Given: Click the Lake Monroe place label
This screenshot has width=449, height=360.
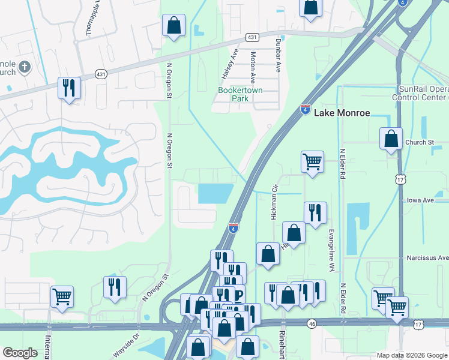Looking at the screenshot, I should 341,113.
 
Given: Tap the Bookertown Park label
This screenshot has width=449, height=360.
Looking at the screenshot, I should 240,94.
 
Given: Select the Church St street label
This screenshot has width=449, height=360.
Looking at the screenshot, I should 419,142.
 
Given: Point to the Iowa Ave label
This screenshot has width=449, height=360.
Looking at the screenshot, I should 420,200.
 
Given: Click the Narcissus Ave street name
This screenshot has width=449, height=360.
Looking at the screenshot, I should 428,258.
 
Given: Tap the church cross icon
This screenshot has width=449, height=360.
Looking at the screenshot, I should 25,67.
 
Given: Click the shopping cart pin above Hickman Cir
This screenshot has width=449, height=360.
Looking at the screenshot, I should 312,161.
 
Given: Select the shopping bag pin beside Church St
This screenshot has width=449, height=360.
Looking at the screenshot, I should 391,139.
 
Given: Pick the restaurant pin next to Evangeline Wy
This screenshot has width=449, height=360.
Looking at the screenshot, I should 315,212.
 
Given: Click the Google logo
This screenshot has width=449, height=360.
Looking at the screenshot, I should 20,352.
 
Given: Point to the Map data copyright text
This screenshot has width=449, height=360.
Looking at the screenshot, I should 412,355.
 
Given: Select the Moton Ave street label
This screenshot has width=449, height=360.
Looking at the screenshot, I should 253,65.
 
